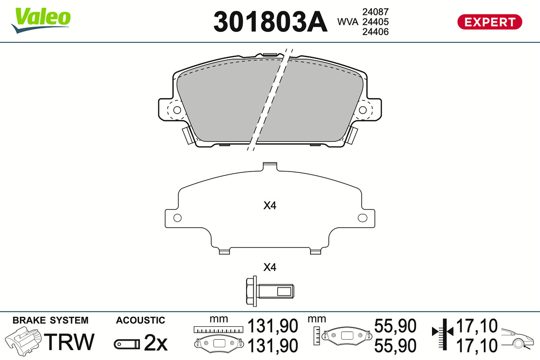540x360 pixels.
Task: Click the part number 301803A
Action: pyautogui.click(x=270, y=22)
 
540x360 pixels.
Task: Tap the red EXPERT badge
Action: pyautogui.click(x=490, y=22)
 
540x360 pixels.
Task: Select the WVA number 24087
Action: pyautogui.click(x=376, y=12)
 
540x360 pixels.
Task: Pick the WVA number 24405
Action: pyautogui.click(x=376, y=22)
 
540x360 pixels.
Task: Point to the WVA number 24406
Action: pyautogui.click(x=376, y=31)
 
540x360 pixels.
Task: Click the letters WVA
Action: pyautogui.click(x=348, y=22)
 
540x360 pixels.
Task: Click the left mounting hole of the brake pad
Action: pyautogui.click(x=177, y=110)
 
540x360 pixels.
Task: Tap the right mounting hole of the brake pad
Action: pyautogui.click(x=363, y=110)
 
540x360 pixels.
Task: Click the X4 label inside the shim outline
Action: pyautogui.click(x=270, y=206)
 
